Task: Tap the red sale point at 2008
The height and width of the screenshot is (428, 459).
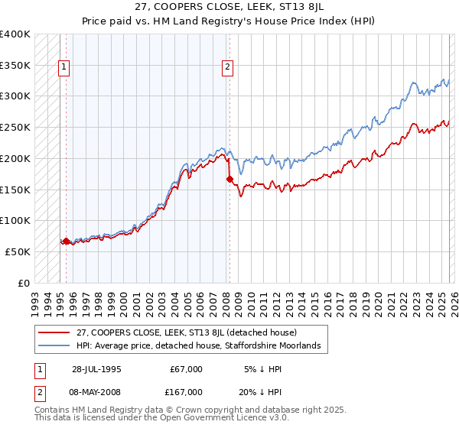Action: coord(229,179)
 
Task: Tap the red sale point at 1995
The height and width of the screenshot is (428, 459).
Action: coord(66,241)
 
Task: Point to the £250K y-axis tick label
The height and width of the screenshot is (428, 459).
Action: coord(15,127)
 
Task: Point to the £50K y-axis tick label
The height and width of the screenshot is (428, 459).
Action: coord(18,251)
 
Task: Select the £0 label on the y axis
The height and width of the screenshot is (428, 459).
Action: coord(24,283)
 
